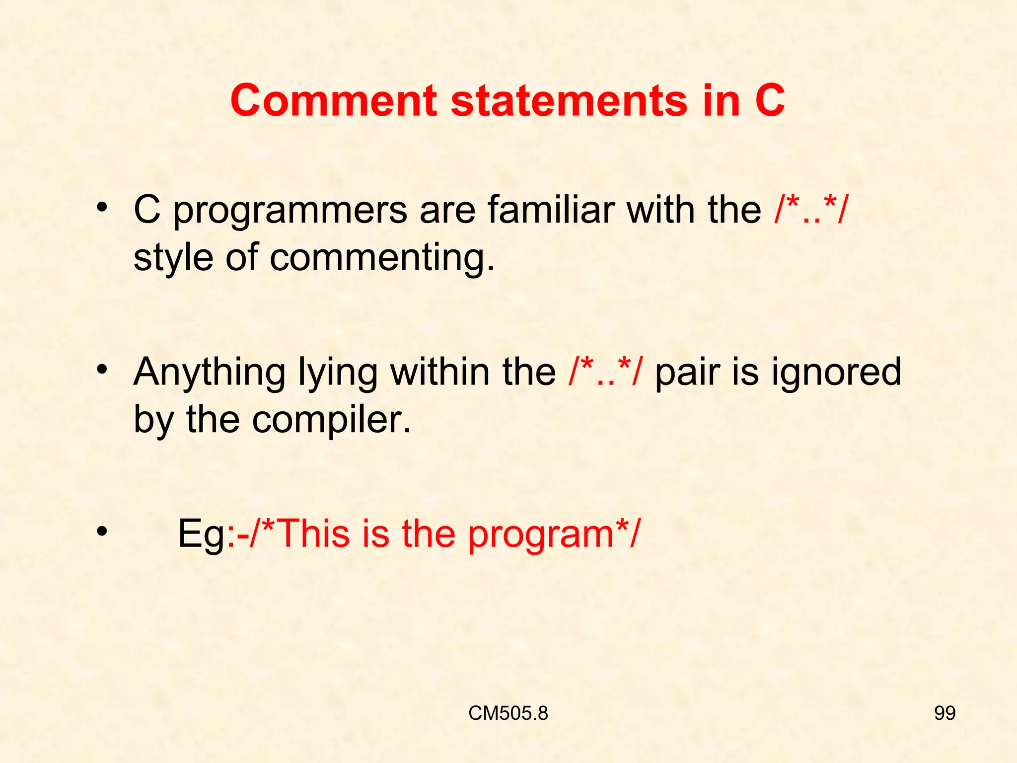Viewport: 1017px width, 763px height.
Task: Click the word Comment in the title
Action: tap(333, 100)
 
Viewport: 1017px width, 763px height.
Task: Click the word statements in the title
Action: tap(570, 100)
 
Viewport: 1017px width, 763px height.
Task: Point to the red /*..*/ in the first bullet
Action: tap(811, 210)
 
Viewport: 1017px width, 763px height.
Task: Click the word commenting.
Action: tap(382, 258)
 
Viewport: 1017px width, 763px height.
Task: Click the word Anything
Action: tap(209, 373)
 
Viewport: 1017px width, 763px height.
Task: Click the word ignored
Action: tap(836, 373)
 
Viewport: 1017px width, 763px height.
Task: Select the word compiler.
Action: tap(331, 420)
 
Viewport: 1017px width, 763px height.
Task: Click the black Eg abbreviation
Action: tap(201, 534)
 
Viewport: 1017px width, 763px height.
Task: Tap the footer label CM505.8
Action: tap(508, 713)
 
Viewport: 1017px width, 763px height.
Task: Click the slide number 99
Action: tap(944, 713)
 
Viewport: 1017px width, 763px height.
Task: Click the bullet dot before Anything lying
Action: tap(102, 370)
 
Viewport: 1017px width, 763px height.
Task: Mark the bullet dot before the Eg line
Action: tap(102, 532)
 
